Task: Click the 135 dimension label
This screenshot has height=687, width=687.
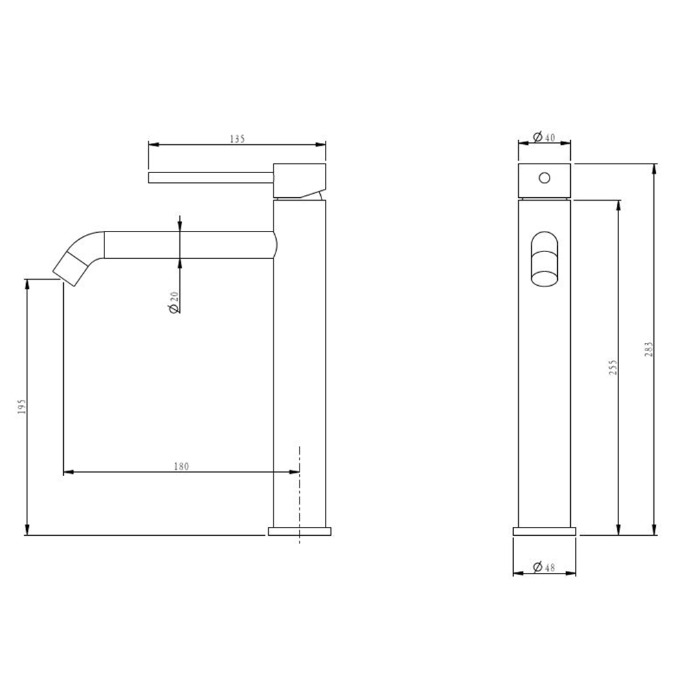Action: pyautogui.click(x=237, y=139)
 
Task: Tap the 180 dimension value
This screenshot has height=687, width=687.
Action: pyautogui.click(x=181, y=466)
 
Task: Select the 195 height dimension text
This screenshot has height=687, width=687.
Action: pyautogui.click(x=22, y=407)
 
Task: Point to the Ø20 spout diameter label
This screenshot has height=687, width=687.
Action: pyautogui.click(x=174, y=302)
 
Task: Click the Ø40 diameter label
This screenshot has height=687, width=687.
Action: pyautogui.click(x=543, y=137)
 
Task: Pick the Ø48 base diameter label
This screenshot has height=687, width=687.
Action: pyautogui.click(x=543, y=567)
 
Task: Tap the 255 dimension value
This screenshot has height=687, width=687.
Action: pyautogui.click(x=613, y=367)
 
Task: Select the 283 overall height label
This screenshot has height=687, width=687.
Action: pyautogui.click(x=649, y=349)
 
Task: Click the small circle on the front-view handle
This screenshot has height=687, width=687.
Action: pyautogui.click(x=545, y=178)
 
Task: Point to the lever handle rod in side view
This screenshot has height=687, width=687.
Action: pyautogui.click(x=211, y=177)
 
